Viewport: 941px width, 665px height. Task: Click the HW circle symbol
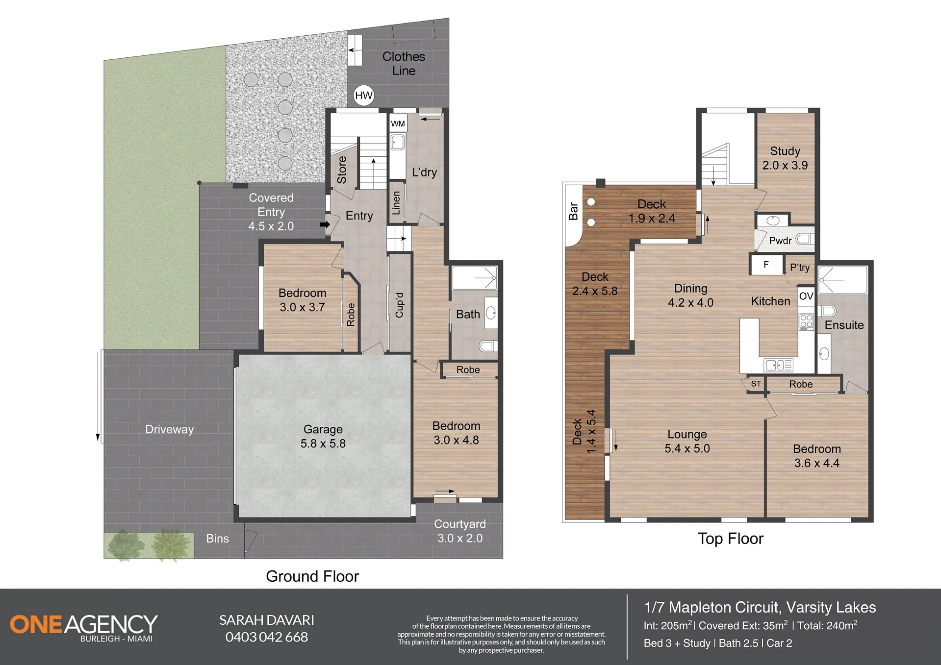click(x=364, y=96)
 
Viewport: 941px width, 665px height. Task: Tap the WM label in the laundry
click(x=398, y=123)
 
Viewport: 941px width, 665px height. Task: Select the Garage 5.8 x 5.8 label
click(x=323, y=436)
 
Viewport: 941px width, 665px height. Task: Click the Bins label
click(x=218, y=539)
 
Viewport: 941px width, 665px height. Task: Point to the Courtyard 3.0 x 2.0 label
click(x=460, y=531)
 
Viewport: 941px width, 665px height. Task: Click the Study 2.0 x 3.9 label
click(x=785, y=158)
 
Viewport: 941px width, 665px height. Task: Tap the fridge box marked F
click(x=766, y=265)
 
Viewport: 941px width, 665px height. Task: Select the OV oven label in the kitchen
click(x=806, y=296)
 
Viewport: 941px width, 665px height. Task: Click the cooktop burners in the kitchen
click(x=806, y=321)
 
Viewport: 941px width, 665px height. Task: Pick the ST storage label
click(x=756, y=384)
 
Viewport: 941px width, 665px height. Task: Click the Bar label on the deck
click(x=573, y=211)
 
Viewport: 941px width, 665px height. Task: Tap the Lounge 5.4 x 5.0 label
click(x=687, y=441)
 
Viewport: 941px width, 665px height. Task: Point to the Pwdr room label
click(x=780, y=241)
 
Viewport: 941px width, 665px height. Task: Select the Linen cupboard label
click(x=396, y=203)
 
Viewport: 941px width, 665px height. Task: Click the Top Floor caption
click(x=731, y=539)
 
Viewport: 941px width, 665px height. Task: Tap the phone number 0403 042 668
click(x=267, y=637)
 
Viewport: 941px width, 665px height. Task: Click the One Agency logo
click(x=84, y=628)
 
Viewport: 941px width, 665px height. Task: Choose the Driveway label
click(x=170, y=429)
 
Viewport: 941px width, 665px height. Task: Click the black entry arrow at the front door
click(x=325, y=224)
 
